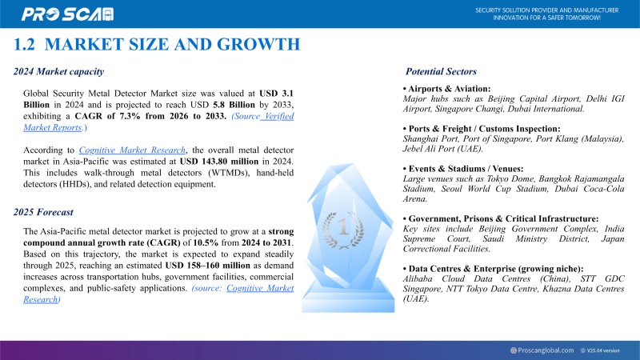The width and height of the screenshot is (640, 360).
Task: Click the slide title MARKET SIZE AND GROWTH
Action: [158, 44]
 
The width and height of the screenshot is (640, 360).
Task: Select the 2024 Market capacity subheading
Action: [58, 71]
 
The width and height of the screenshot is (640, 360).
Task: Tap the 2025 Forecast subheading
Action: [43, 212]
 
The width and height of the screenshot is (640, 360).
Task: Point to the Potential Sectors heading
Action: [441, 71]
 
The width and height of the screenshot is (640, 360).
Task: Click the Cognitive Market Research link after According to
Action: [133, 150]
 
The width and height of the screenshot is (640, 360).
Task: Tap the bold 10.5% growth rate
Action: [200, 242]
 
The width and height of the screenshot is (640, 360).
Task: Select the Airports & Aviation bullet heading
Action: [446, 88]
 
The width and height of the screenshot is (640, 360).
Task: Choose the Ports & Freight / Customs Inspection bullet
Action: [481, 128]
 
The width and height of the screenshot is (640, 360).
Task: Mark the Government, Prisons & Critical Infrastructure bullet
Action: [501, 218]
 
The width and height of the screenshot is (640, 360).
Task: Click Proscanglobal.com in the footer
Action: [546, 350]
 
